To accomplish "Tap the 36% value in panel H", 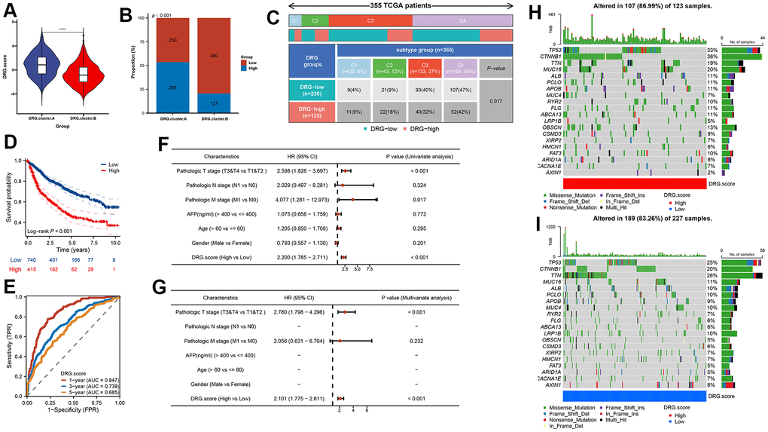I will (x=712, y=56).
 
